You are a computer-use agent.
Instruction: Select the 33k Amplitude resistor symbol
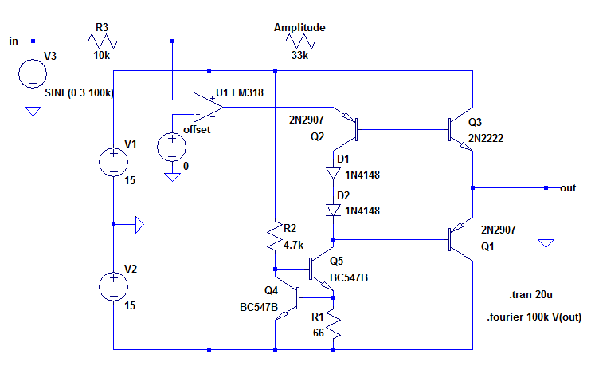point(301,41)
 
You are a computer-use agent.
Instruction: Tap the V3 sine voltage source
point(32,73)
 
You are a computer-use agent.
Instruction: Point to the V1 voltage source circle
point(114,161)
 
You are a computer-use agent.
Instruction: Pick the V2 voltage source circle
point(114,284)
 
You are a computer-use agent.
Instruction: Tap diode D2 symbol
point(335,210)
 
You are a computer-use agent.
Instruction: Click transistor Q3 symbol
point(460,128)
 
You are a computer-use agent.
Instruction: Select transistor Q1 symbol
point(460,238)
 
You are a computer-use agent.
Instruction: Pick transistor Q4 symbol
point(288,300)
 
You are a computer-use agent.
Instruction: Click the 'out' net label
point(568,188)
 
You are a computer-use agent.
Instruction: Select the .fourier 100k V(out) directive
point(533,317)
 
